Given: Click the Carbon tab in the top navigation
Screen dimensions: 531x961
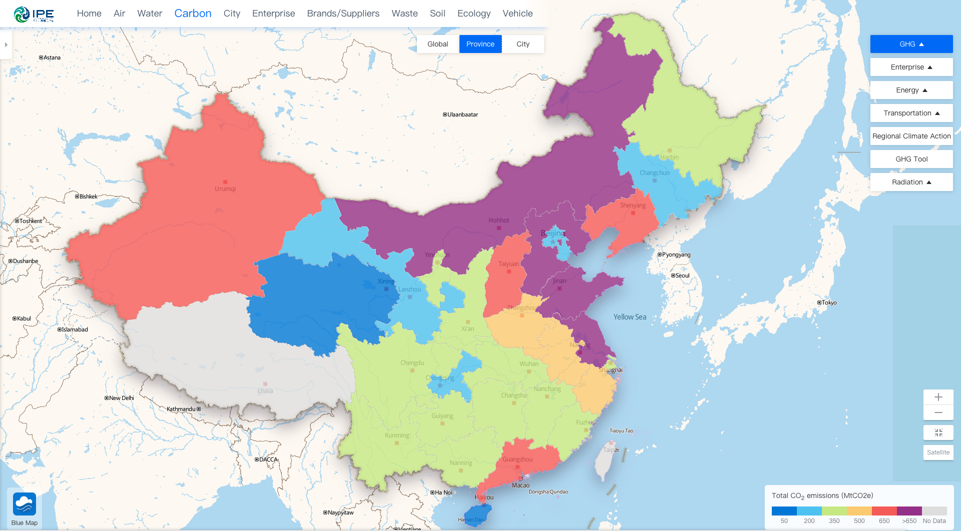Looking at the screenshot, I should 193,13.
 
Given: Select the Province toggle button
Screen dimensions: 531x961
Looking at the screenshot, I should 480,44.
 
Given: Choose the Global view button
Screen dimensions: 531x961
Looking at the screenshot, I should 437,44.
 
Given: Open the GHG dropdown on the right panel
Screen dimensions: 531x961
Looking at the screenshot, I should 911,44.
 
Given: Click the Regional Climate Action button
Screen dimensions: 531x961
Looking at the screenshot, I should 911,136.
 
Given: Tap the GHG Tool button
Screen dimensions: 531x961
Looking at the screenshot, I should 911,159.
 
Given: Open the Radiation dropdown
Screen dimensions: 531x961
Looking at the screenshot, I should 911,182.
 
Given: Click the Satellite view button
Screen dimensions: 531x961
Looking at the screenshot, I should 938,452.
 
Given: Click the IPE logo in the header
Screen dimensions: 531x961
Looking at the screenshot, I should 34,14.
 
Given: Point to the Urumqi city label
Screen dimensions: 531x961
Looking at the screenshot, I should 225,188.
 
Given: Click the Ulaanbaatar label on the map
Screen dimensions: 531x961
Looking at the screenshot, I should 462,114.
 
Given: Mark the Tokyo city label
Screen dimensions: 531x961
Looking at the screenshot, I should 829,302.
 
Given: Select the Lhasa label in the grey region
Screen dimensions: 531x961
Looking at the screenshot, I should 265,390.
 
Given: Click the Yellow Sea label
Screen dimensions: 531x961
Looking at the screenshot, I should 630,317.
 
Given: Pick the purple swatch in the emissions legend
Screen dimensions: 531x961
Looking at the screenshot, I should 909,511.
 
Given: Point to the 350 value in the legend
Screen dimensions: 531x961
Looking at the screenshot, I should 834,521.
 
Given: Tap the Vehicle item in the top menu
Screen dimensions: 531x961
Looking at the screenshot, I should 518,13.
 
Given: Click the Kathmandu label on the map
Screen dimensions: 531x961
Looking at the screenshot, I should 181,409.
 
